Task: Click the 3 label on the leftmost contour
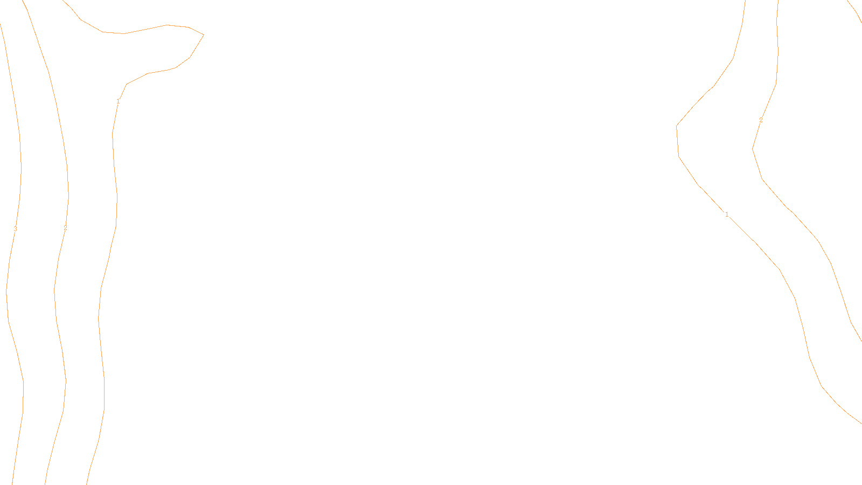[15, 229]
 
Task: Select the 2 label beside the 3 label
[65, 228]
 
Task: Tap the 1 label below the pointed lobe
[118, 101]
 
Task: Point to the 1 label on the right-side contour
[727, 214]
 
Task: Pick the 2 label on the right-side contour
[761, 120]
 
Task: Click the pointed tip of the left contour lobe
[204, 34]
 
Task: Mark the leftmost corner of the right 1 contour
[677, 126]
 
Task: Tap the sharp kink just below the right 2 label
[753, 149]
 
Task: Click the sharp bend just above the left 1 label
[127, 84]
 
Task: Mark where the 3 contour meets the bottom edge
[12, 483]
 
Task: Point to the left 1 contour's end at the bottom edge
[87, 483]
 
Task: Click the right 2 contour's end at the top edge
[778, 2]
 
